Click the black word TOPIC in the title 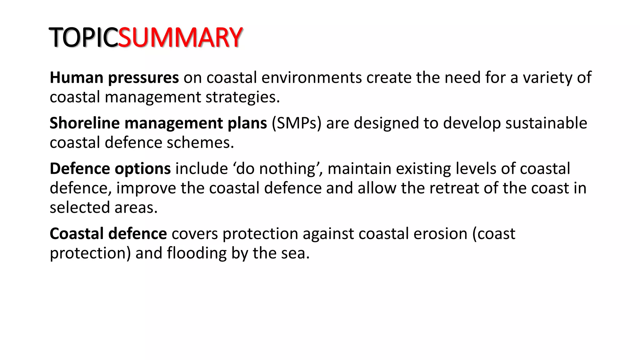83,37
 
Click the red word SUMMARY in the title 180,37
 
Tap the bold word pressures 143,78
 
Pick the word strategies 242,97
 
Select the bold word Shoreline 85,123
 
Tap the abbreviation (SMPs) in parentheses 297,123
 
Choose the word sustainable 546,123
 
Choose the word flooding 197,253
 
